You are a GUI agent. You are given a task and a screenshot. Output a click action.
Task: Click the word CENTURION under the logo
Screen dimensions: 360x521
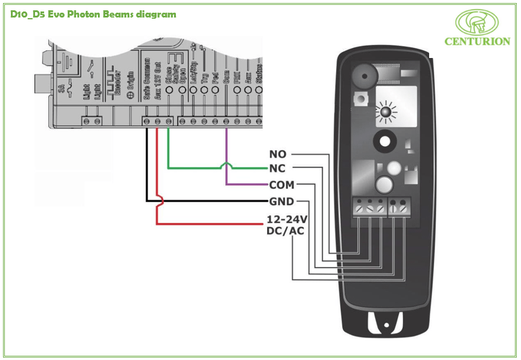pyautogui.click(x=477, y=42)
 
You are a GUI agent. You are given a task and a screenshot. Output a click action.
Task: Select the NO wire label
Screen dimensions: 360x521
pyautogui.click(x=277, y=155)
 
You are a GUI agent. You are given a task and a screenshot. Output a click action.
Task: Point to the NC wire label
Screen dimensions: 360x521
pyautogui.click(x=277, y=169)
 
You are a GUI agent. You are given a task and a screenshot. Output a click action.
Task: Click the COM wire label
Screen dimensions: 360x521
pyautogui.click(x=281, y=185)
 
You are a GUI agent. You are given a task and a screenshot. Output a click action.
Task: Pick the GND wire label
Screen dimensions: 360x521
pyautogui.click(x=281, y=201)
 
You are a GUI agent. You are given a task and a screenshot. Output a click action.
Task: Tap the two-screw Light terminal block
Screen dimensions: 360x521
pyautogui.click(x=92, y=121)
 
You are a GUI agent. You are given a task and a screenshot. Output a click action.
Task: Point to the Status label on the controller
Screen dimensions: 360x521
pyautogui.click(x=259, y=74)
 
